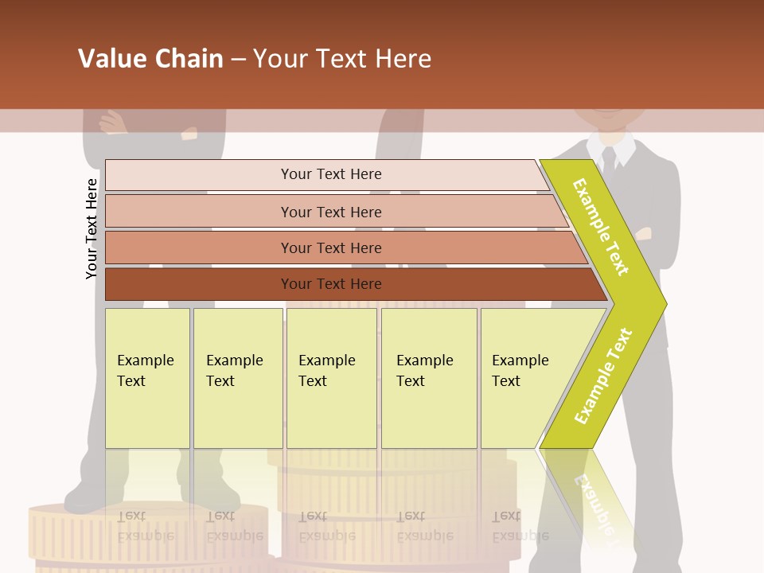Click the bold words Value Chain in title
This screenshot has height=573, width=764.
click(150, 59)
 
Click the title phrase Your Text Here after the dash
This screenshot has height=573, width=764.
click(342, 59)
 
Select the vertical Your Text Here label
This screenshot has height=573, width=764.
click(92, 228)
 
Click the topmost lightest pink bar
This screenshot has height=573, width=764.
click(330, 174)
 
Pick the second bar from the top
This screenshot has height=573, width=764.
click(330, 212)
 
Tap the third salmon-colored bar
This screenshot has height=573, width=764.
click(330, 248)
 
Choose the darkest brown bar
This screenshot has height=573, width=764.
click(330, 284)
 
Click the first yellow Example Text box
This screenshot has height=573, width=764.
click(147, 378)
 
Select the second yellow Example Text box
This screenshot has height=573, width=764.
click(237, 378)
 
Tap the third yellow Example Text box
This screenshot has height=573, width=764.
click(331, 378)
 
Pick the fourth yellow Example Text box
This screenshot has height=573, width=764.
click(428, 378)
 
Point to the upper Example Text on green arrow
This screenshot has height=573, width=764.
click(601, 227)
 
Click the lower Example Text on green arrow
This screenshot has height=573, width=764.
click(603, 376)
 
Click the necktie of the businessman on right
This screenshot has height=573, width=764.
click(609, 160)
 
